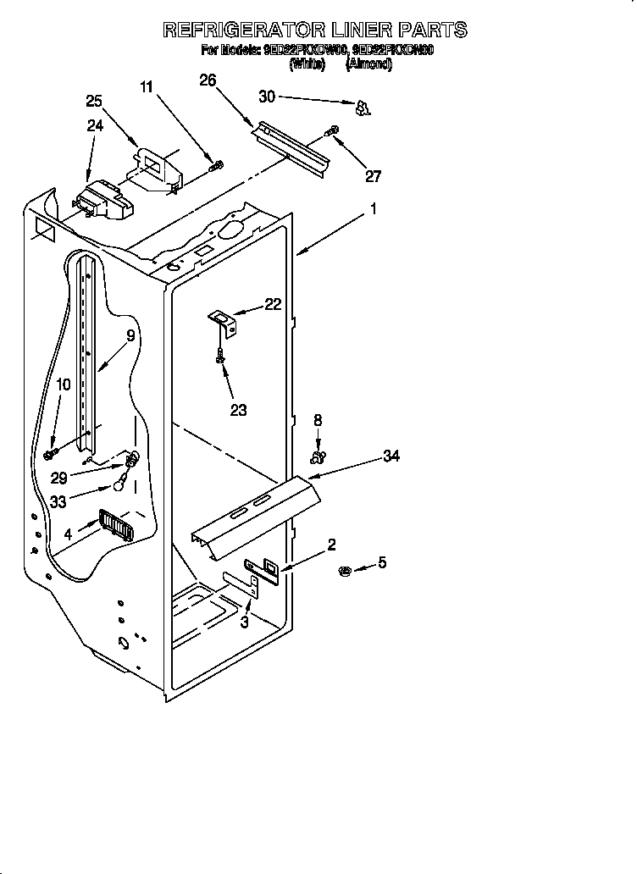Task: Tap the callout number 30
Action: pos(267,97)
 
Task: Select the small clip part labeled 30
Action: pos(363,108)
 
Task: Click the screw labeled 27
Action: pos(333,130)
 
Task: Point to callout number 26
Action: pos(208,80)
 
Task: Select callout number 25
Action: pos(94,102)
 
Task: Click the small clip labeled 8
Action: pos(318,457)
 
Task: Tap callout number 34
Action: pos(391,456)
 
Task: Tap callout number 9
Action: pos(130,335)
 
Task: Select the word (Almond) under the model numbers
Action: pos(368,64)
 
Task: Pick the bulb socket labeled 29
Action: pos(132,462)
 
